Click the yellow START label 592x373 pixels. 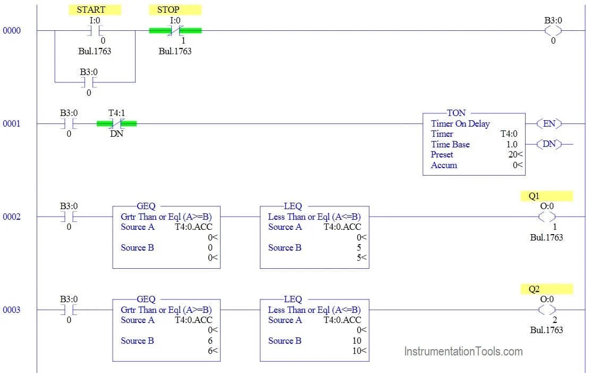click(x=95, y=10)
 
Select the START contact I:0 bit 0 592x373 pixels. click(x=95, y=30)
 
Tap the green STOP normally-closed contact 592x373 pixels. click(x=175, y=30)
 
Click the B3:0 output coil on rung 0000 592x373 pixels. click(x=553, y=30)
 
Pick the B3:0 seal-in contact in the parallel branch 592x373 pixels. click(x=88, y=82)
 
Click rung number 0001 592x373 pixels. click(x=12, y=123)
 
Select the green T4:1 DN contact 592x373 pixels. click(x=116, y=123)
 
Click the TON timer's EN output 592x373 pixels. click(x=549, y=123)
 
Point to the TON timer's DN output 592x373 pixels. click(x=549, y=144)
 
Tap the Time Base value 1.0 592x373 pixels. click(x=511, y=144)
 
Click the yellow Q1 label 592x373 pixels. click(x=546, y=196)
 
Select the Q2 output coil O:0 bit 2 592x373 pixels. click(x=547, y=310)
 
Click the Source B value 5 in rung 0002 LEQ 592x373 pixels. click(x=359, y=247)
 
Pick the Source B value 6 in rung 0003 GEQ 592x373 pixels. click(x=210, y=341)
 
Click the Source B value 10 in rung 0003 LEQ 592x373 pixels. click(x=357, y=341)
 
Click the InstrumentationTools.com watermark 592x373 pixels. click(x=463, y=351)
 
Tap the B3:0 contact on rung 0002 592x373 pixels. click(x=69, y=217)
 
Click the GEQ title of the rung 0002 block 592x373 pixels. click(x=146, y=206)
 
